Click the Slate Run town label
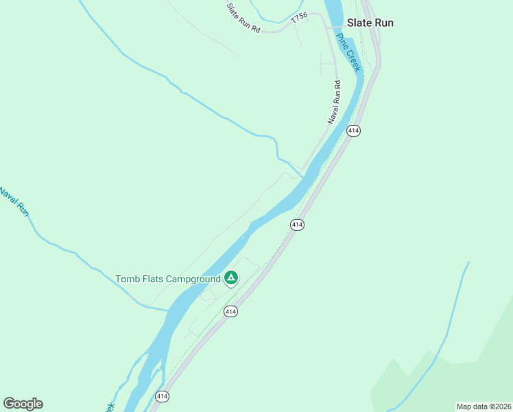(x=370, y=23)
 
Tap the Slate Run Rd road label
(x=244, y=18)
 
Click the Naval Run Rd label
(x=334, y=102)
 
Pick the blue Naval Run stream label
(x=14, y=202)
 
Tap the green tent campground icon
(x=231, y=278)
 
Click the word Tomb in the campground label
(x=128, y=279)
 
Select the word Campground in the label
(x=193, y=279)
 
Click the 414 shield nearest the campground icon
(x=230, y=311)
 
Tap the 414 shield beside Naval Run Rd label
(x=353, y=130)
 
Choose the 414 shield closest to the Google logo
(x=162, y=396)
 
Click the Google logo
(x=23, y=404)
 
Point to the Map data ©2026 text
(x=484, y=407)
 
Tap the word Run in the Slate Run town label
(x=384, y=23)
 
